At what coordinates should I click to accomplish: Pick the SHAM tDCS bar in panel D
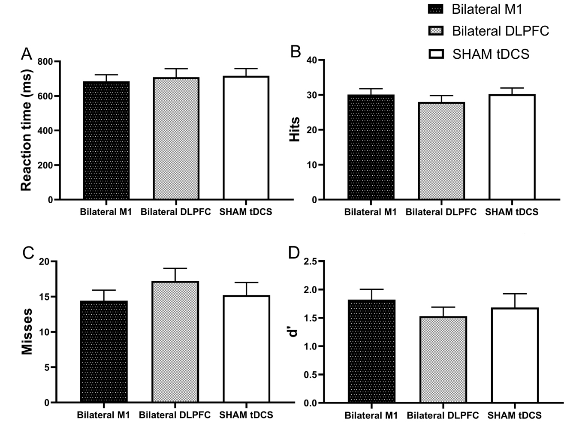(515, 355)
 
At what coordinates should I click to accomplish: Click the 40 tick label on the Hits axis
(312, 60)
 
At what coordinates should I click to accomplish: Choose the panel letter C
(28, 253)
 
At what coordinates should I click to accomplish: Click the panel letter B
(296, 52)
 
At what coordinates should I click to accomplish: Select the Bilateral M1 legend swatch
(436, 9)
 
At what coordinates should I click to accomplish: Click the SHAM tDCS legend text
(491, 54)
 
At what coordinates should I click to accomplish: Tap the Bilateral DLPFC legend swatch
(436, 31)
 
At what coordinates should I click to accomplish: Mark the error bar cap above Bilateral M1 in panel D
(371, 289)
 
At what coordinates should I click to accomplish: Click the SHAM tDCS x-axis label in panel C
(246, 415)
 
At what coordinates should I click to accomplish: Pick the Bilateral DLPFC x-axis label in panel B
(441, 212)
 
